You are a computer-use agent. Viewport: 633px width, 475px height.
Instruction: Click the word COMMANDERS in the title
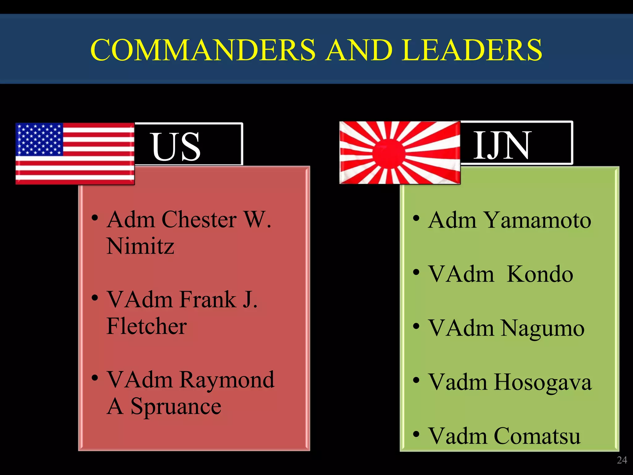(203, 50)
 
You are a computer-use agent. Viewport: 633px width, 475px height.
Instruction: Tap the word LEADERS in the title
(472, 50)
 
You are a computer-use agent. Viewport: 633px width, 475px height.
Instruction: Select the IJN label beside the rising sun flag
(502, 145)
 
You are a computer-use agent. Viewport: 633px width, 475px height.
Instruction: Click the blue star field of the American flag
(40, 139)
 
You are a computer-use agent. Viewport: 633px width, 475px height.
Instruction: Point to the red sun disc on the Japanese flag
(389, 153)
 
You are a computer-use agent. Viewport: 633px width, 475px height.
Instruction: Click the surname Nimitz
(140, 246)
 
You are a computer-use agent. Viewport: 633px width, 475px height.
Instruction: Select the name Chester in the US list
(199, 220)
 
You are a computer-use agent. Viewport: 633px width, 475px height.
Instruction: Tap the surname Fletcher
(147, 326)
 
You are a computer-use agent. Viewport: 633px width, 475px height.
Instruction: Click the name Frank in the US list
(208, 300)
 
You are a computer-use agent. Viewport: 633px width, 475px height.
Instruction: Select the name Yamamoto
(537, 220)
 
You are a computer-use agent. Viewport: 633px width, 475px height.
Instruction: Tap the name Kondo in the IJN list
(540, 274)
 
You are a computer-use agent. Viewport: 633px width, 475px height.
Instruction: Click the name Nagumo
(542, 328)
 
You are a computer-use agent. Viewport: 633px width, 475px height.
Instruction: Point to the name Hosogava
(542, 383)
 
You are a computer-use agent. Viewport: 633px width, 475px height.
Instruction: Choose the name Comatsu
(537, 436)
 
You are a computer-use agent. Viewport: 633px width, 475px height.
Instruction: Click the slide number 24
(622, 460)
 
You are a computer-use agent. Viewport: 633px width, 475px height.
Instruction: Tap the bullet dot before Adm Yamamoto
(416, 218)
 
